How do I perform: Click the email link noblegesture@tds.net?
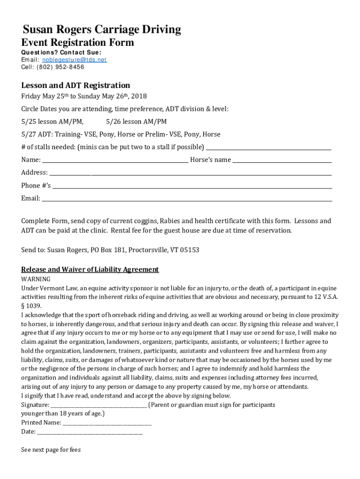tap(74, 60)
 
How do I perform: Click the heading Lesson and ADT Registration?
tap(75, 85)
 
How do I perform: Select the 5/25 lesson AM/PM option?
tap(52, 122)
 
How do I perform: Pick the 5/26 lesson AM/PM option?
tap(136, 122)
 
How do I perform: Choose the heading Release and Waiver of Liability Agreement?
tap(90, 269)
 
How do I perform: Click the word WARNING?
tap(36, 279)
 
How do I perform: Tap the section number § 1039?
tap(31, 305)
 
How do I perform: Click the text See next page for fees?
tap(51, 450)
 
